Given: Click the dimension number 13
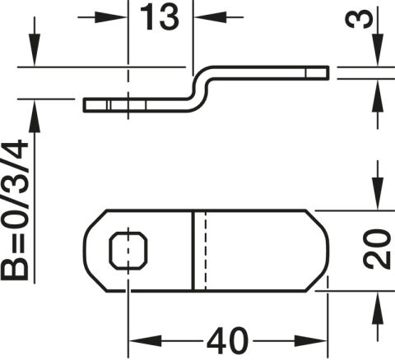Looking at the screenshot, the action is point(160,18).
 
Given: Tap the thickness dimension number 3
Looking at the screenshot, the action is point(360,19).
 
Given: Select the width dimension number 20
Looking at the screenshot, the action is point(377,249).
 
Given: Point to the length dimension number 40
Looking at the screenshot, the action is point(227,341).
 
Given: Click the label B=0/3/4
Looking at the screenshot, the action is point(15,210).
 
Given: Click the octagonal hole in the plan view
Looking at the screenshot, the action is point(128,250).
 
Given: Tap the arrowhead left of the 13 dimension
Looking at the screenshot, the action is point(110,17).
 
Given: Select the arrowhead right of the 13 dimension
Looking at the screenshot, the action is point(211,17).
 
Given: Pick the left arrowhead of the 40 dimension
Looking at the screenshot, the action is point(145,341).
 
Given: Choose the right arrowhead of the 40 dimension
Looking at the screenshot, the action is point(311,341).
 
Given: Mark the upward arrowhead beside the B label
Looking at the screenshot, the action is point(35,116).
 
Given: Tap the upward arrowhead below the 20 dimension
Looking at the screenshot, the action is point(378,308).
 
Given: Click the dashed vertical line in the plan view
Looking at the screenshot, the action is point(205,251).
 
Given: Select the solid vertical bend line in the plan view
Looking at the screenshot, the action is point(193,251).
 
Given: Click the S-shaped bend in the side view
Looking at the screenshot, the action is point(200,89).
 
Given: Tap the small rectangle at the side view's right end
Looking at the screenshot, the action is point(317,73).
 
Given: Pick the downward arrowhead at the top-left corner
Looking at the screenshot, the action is point(35,49).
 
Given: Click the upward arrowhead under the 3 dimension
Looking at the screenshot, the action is point(378,96).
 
